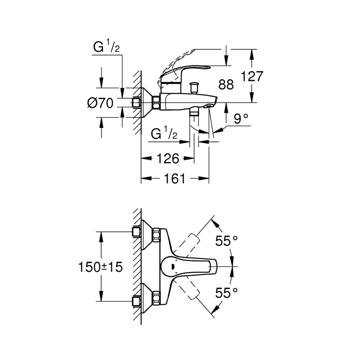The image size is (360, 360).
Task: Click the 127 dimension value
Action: point(252,76)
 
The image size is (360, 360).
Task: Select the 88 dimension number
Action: point(226,85)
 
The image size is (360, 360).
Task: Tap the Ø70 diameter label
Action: point(100,102)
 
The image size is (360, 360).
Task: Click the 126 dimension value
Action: point(168,158)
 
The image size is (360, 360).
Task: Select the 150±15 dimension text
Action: point(101,268)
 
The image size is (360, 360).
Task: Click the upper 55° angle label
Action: point(226,241)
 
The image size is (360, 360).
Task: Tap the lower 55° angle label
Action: point(226,293)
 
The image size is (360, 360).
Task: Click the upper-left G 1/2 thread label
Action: point(106,48)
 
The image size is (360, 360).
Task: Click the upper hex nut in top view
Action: point(156,235)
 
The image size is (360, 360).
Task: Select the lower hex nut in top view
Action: point(156,297)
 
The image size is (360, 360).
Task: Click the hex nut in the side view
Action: point(156,102)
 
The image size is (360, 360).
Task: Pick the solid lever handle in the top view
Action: point(195,267)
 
